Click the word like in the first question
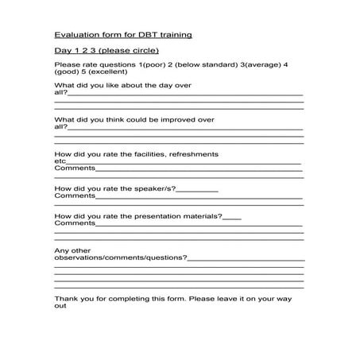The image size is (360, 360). tap(111, 85)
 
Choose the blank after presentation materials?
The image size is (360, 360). tap(233, 215)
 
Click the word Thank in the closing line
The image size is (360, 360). tap(64, 299)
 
